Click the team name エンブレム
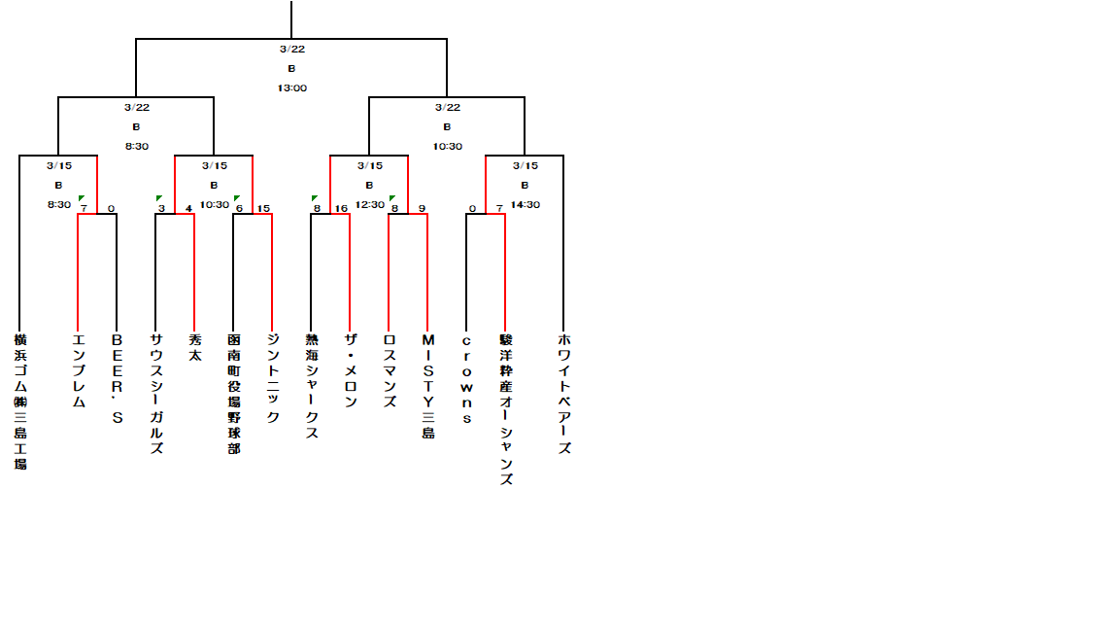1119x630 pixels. click(79, 369)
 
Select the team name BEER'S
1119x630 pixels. click(117, 378)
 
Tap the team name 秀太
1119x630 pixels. click(194, 348)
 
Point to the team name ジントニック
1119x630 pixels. click(272, 378)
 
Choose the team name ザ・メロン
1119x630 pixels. click(350, 369)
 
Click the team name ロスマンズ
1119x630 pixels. click(389, 369)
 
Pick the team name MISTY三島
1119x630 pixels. click(427, 386)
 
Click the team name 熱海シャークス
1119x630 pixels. click(311, 386)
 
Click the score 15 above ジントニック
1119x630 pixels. click(263, 208)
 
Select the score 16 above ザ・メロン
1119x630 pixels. click(341, 208)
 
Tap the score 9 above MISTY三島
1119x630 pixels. click(422, 208)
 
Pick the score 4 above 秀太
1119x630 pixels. click(188, 208)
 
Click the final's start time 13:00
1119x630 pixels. click(291, 87)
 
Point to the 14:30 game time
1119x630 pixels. click(525, 204)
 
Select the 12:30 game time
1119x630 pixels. click(369, 204)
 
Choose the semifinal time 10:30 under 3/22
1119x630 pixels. click(447, 146)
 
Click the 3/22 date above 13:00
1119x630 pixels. click(291, 49)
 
